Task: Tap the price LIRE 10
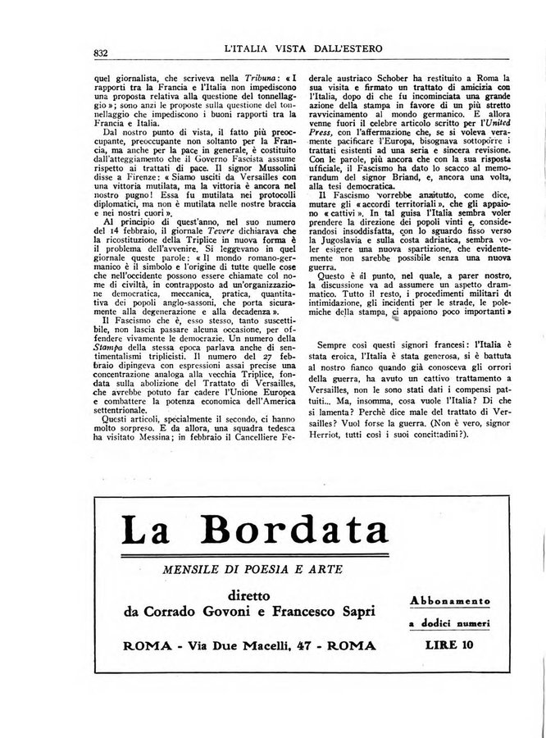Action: click(x=449, y=645)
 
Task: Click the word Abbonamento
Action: click(x=449, y=600)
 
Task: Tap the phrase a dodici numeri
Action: click(x=449, y=624)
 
